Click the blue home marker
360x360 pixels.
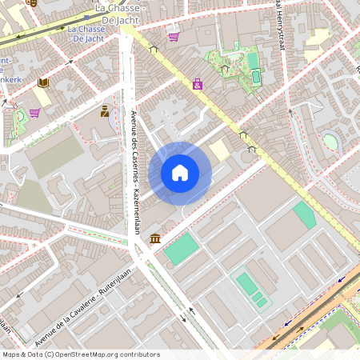180,173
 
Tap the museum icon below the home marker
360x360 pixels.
154,238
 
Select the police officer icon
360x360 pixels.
105,111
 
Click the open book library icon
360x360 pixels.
43,82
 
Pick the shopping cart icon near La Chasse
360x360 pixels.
174,36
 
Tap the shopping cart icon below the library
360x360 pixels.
34,113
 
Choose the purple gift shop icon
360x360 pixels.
197,83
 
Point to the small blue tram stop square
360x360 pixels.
108,14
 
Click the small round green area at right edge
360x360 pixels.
330,142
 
